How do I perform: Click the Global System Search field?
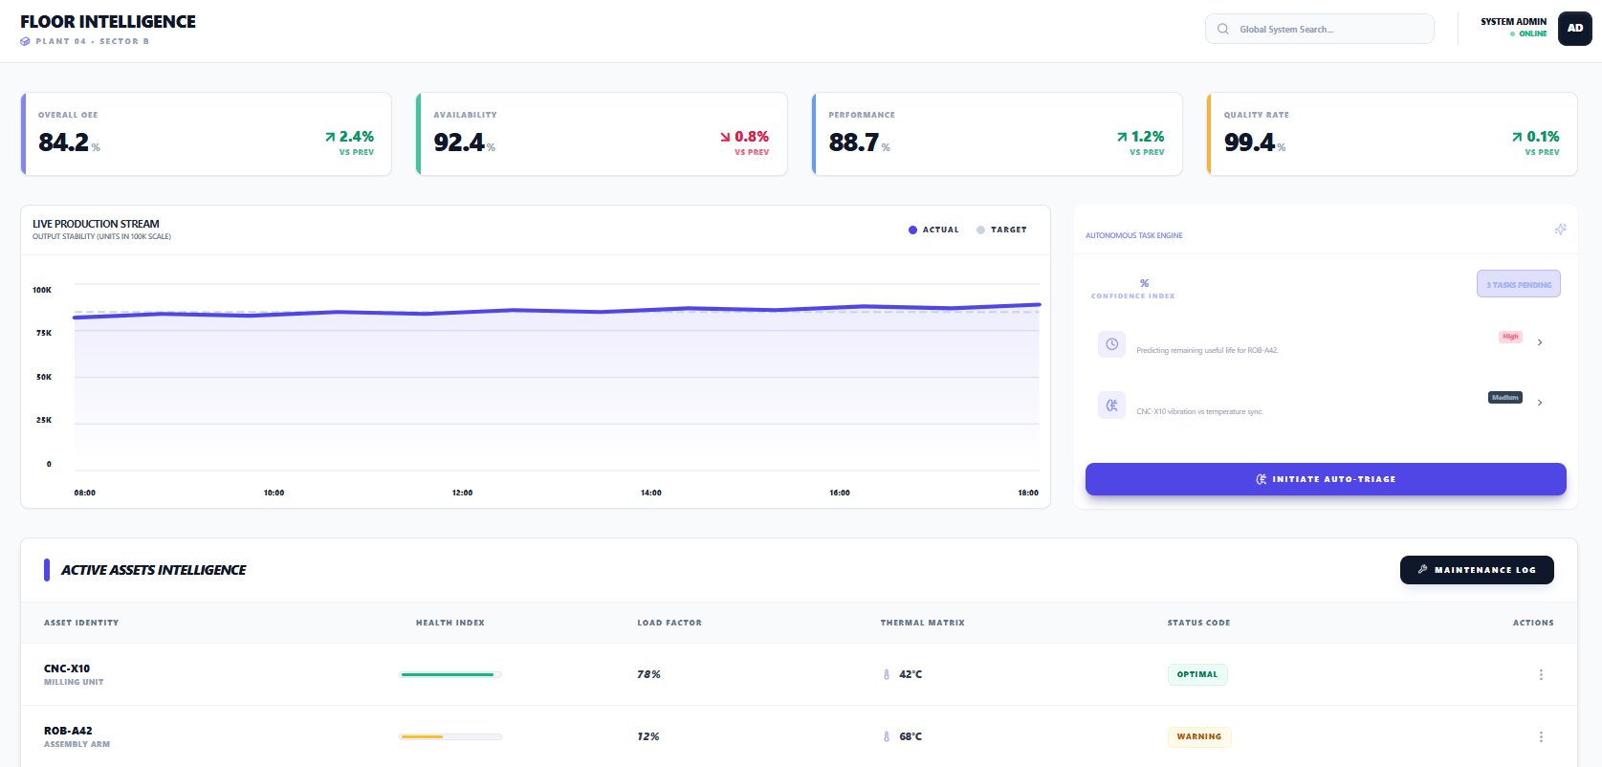click(x=1320, y=29)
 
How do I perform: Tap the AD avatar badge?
click(x=1574, y=28)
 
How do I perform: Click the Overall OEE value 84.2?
click(x=63, y=142)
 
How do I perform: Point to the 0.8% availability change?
click(x=751, y=137)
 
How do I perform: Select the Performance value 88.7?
click(x=853, y=142)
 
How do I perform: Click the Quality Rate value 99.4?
click(x=1249, y=142)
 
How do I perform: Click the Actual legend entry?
click(x=933, y=230)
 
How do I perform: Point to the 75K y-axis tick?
click(x=44, y=333)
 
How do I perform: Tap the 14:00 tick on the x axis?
click(x=650, y=493)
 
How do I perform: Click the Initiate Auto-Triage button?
click(x=1325, y=479)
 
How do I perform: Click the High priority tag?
click(x=1510, y=337)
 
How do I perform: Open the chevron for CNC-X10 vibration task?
click(x=1539, y=403)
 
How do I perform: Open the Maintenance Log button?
click(x=1476, y=570)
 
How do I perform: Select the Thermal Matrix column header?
click(x=922, y=623)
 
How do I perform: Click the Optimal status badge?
click(x=1196, y=674)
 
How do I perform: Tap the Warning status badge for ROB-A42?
click(x=1198, y=736)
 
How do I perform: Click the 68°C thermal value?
click(x=910, y=736)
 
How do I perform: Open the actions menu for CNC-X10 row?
click(x=1540, y=674)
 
